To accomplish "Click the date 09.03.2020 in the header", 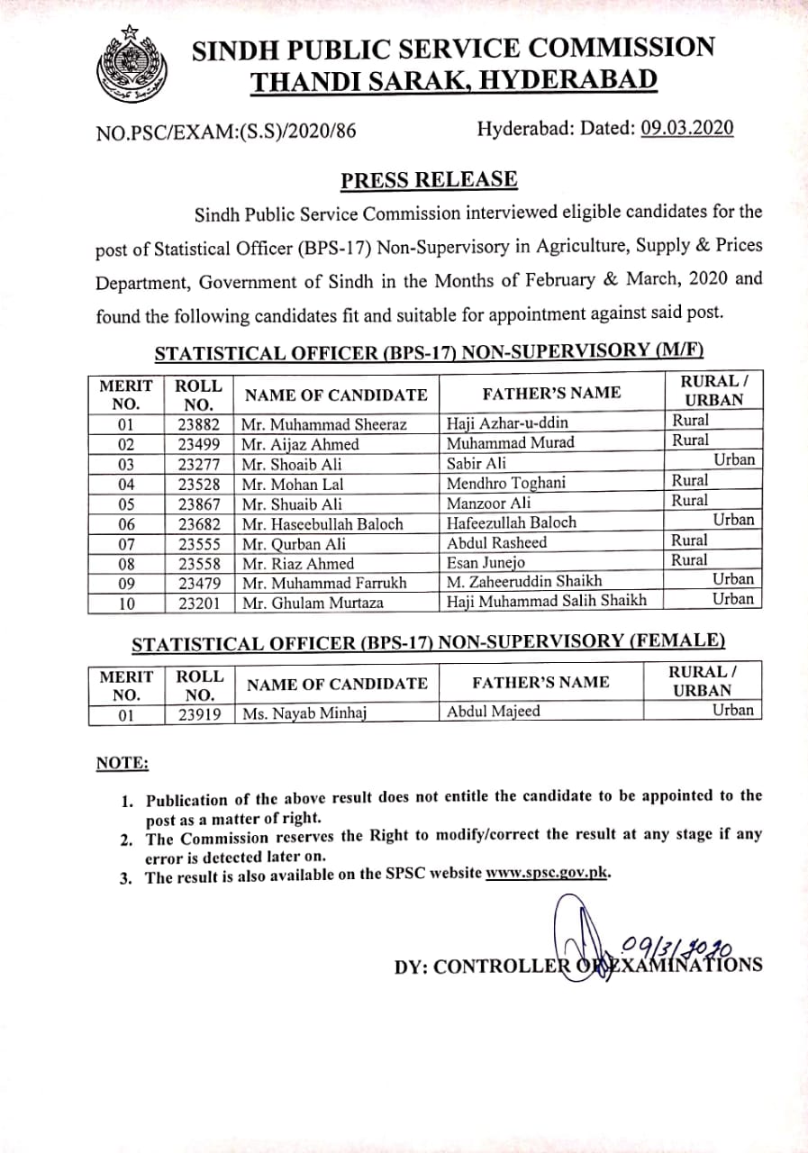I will coord(687,128).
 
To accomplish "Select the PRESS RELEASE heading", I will coord(429,179).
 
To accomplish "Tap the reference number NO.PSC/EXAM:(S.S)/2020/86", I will coord(225,132).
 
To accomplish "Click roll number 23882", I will coord(199,424).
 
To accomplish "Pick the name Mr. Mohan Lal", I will coord(293,484).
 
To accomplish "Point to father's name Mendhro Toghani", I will coord(506,483).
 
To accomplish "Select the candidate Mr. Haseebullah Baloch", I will coord(322,523).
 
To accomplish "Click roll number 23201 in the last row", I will coord(199,603).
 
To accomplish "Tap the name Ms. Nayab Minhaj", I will coord(305,713).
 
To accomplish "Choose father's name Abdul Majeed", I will coord(494,712).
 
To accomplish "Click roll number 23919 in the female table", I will coord(199,714).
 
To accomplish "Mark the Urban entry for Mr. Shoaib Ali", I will coord(734,460).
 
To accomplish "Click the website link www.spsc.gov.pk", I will coord(548,874).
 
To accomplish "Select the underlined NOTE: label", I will coord(123,763).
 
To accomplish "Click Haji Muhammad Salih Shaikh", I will coord(547,601).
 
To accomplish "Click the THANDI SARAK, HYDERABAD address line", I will coord(453,81).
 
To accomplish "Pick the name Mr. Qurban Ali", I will coord(294,544).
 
